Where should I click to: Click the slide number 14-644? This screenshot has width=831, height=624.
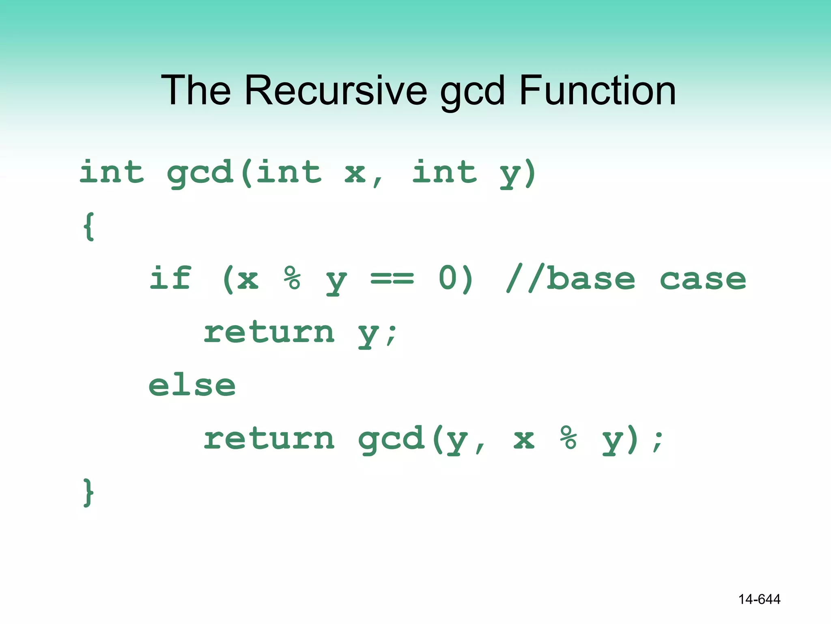[x=759, y=599]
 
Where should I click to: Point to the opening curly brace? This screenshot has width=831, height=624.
[x=89, y=226]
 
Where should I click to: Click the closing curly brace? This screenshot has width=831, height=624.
[x=88, y=492]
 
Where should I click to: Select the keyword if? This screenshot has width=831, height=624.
[x=170, y=278]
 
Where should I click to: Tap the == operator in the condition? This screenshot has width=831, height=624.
[x=392, y=279]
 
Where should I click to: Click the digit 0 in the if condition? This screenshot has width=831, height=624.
[x=448, y=278]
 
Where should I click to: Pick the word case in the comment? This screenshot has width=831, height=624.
[x=702, y=279]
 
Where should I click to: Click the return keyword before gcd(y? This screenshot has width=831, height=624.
[x=269, y=439]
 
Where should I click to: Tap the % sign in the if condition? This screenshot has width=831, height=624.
[x=292, y=278]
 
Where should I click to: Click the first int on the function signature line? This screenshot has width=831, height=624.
[x=112, y=172]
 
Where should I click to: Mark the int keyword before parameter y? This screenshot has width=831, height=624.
[x=444, y=172]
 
